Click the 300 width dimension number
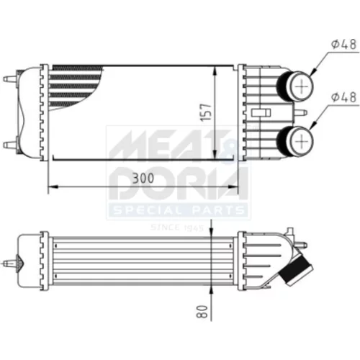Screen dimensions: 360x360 (143, 178)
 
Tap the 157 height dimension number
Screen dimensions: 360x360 (206, 112)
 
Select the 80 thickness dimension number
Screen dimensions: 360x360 (202, 312)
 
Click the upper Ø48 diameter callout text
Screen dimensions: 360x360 (344, 45)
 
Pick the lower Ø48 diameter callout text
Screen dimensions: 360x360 (344, 97)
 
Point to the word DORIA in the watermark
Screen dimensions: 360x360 (178, 184)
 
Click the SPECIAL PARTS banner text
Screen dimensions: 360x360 (178, 211)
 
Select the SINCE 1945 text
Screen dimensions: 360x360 (177, 228)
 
